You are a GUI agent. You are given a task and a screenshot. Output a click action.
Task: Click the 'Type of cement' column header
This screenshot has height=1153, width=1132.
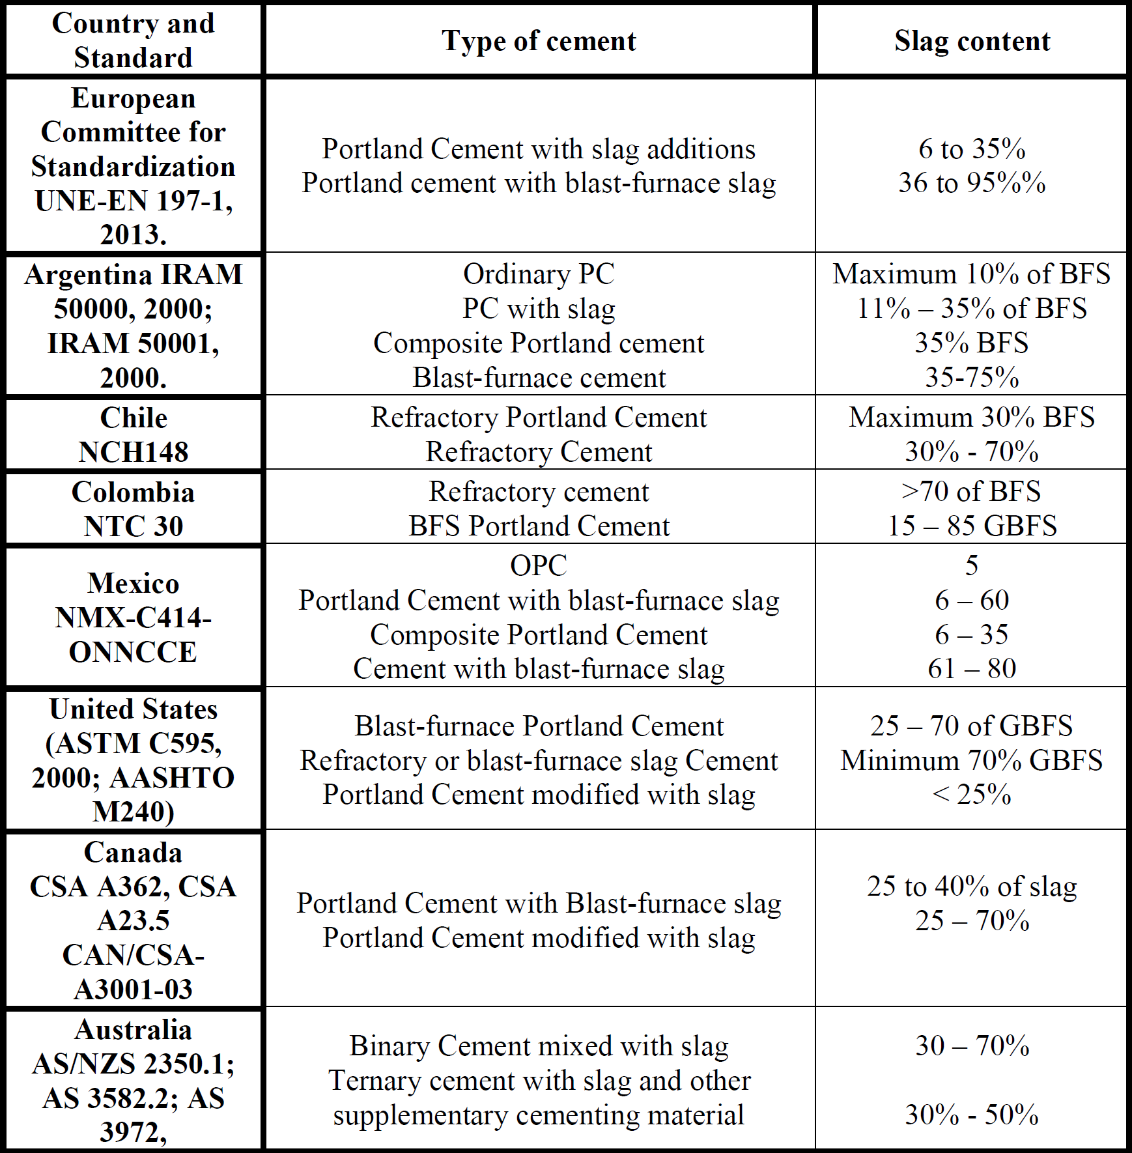[x=539, y=41]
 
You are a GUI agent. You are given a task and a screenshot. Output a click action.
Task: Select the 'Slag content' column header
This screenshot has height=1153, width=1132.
[x=972, y=41]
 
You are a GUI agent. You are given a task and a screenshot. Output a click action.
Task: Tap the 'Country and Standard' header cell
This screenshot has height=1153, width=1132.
[x=133, y=40]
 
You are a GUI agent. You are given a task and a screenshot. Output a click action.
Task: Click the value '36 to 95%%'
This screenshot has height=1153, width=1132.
[x=972, y=183]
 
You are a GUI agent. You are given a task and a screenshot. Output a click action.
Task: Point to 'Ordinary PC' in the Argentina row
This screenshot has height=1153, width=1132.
[x=539, y=274]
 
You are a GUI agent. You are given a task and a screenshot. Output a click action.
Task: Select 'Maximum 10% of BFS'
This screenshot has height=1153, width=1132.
[x=971, y=274]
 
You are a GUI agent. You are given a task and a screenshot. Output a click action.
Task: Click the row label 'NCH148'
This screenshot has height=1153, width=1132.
[x=133, y=452]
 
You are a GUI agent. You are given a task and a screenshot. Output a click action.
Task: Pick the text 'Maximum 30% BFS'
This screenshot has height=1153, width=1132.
[x=971, y=418]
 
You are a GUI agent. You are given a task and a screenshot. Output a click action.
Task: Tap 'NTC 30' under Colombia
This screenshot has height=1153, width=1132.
[x=133, y=526]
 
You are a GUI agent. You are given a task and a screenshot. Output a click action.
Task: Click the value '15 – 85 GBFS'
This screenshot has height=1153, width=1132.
[x=972, y=526]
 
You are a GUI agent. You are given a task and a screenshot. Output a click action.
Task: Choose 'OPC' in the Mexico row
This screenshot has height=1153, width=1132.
[x=539, y=565]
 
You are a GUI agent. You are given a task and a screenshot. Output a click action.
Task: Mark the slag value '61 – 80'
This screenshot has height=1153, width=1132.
[x=972, y=669]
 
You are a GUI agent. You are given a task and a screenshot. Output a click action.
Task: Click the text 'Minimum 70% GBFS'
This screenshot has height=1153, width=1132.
[x=971, y=761]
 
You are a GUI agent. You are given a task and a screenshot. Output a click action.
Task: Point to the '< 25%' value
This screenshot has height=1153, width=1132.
[x=972, y=795]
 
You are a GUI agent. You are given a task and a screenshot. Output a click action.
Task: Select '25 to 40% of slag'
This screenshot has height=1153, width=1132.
[x=972, y=887]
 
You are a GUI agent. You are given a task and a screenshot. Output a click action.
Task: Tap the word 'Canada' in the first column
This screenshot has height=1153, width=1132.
[x=133, y=853]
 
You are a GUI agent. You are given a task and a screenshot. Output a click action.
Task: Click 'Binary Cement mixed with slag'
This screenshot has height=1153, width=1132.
[x=539, y=1046]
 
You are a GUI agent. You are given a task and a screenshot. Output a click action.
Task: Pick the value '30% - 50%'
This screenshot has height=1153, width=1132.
[x=972, y=1115]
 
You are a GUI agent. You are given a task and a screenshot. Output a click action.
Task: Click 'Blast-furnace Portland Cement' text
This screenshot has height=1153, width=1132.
[x=539, y=726]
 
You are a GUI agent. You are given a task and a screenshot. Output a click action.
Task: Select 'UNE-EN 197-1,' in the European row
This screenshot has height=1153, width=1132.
[x=133, y=201]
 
